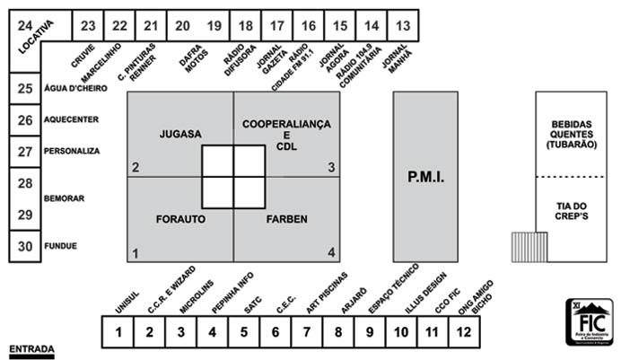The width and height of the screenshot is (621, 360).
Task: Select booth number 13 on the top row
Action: coord(405,25)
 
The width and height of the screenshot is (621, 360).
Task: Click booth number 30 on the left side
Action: coord(25,246)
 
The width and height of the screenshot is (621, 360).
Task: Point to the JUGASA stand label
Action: coord(180,135)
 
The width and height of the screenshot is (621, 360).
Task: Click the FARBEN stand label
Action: coord(287,218)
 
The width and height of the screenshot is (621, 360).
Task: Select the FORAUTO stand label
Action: coord(180,218)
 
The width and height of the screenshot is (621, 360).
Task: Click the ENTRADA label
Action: coord(31,348)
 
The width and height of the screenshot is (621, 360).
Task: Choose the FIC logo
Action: coord(589,321)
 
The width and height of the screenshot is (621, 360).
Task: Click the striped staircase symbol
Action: coord(529,247)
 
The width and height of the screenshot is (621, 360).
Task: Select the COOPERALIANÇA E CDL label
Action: coord(287,135)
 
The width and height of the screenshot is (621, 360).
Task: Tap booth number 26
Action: coord(25,120)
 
